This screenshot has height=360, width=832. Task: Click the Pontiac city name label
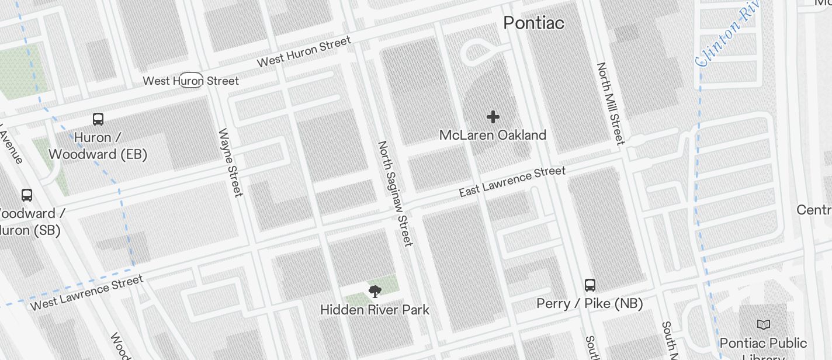533,23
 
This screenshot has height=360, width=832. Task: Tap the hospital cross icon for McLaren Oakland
493,117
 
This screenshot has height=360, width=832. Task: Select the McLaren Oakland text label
493,135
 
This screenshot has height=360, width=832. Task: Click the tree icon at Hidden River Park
375,291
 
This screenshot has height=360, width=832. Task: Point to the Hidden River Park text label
375,310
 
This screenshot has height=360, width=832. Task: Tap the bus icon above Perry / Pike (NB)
590,285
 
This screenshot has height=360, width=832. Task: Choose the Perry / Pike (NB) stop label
590,303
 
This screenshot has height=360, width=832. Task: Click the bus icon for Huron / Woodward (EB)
98,119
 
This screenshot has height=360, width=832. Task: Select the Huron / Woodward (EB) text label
98,146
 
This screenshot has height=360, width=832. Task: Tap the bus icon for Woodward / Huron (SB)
27,195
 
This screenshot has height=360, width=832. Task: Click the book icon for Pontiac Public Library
763,324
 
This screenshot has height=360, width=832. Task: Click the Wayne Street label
230,162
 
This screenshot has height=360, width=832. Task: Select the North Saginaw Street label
395,193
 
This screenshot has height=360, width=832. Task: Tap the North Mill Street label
611,103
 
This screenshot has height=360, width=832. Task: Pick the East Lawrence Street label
512,181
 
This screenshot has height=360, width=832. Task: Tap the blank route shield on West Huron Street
190,80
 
